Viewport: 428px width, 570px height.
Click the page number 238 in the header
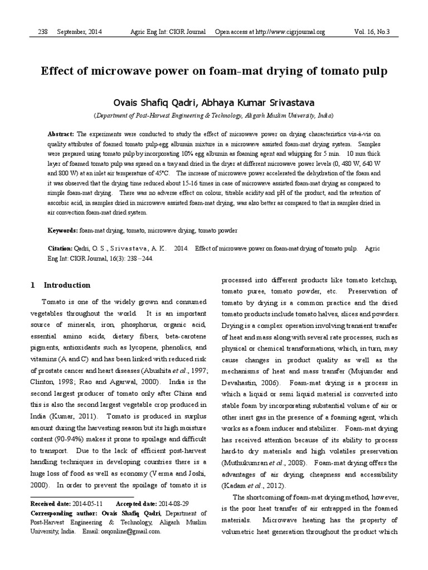tap(43, 33)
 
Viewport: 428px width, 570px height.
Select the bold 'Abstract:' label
tap(60, 134)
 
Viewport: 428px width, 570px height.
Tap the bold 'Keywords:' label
tap(62, 230)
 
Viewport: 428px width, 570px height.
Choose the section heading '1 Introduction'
tap(61, 285)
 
